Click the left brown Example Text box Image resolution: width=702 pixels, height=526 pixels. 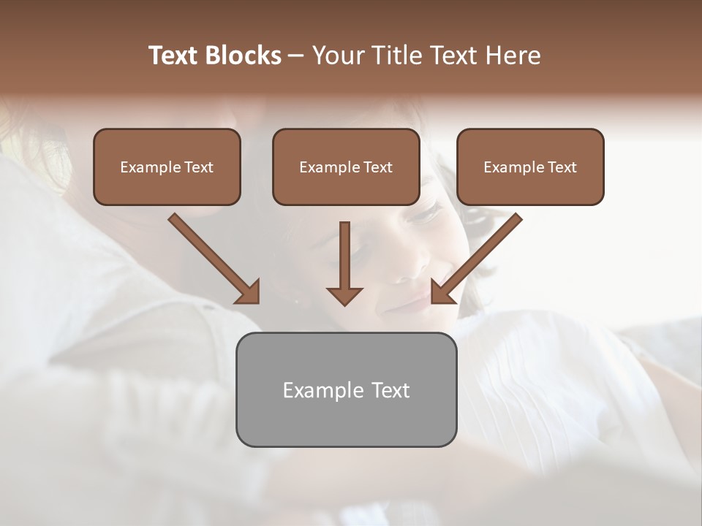[x=167, y=167]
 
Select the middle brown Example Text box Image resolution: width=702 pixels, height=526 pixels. [x=346, y=167]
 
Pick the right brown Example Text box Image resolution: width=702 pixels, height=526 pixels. [x=530, y=167]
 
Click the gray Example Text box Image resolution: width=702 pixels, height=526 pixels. [x=346, y=389]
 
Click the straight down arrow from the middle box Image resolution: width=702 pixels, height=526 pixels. [x=345, y=256]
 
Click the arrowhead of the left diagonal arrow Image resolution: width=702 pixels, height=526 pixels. [x=249, y=292]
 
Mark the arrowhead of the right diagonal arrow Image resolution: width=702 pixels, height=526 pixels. [x=442, y=292]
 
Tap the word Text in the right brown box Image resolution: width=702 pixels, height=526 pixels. [x=562, y=167]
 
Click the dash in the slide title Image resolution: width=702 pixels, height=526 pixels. [x=296, y=56]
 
